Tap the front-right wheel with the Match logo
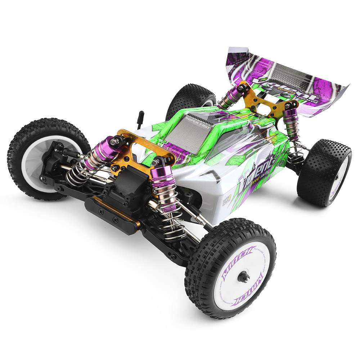click(x=230, y=268)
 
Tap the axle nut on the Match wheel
click(x=246, y=276)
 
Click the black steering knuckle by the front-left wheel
click(x=54, y=158)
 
